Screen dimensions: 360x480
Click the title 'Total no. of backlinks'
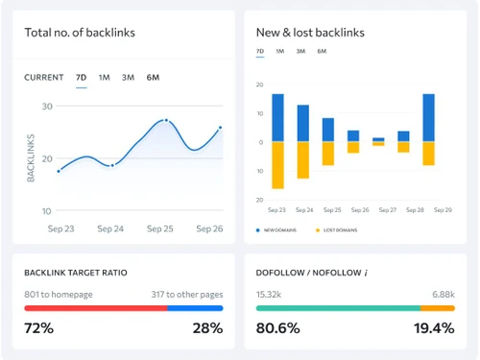click(x=80, y=33)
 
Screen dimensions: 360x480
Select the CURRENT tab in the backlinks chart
click(x=44, y=77)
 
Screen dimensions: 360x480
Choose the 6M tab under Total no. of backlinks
click(x=153, y=77)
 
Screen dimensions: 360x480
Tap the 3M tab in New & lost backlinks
click(x=300, y=51)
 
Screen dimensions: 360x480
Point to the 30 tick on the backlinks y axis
click(x=47, y=106)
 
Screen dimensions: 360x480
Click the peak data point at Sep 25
click(x=166, y=121)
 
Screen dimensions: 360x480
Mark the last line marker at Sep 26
click(x=220, y=128)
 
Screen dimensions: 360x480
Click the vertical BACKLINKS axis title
click(x=31, y=157)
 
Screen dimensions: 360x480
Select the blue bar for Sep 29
click(x=428, y=117)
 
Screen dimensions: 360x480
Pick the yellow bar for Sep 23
click(x=277, y=165)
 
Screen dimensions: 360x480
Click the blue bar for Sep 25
click(x=327, y=130)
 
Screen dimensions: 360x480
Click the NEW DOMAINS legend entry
click(x=278, y=230)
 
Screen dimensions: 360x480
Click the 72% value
click(x=38, y=328)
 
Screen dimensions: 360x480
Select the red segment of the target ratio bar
click(x=95, y=308)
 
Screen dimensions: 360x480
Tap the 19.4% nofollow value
click(x=433, y=328)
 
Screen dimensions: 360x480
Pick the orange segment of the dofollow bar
click(x=437, y=308)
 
